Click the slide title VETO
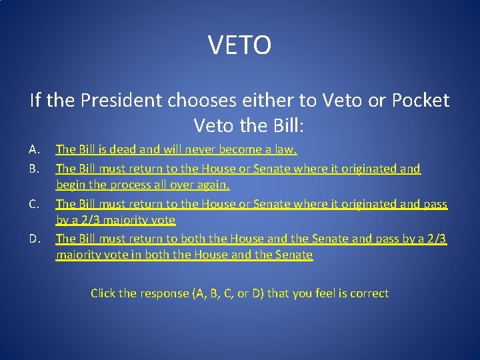point(239,45)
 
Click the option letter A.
point(35,149)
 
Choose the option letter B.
point(35,169)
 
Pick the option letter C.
point(35,203)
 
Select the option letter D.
point(35,238)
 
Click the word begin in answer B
point(72,185)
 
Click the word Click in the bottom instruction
point(103,293)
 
